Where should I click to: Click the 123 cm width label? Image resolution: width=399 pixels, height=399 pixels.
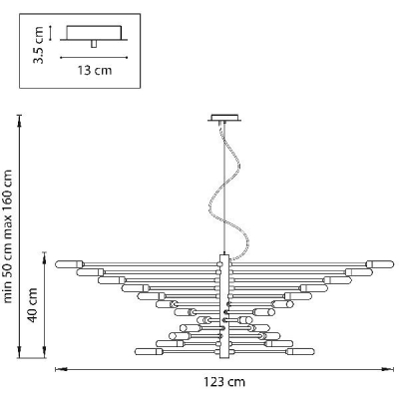pos(224,382)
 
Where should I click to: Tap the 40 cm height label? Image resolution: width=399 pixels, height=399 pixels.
pos(33,305)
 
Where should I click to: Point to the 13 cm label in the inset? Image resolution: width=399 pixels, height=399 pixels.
pos(95,71)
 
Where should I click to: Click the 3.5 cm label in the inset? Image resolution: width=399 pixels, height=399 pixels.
pos(38,45)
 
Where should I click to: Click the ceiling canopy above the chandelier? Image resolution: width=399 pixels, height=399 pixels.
pos(224,118)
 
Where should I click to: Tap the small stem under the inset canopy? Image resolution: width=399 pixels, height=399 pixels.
pos(94,44)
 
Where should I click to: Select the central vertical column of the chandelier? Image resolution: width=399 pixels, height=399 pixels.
pos(224,306)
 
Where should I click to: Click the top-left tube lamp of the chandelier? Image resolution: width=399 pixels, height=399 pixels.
pos(70,264)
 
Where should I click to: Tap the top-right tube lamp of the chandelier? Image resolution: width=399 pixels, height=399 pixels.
pos(380,264)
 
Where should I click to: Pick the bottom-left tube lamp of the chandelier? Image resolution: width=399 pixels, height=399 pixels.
pos(149,351)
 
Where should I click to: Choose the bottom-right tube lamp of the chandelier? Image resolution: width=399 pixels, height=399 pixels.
pos(300,351)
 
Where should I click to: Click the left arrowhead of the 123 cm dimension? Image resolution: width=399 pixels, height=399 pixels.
pos(61,369)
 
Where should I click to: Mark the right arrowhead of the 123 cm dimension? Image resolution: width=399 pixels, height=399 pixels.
pos(387,369)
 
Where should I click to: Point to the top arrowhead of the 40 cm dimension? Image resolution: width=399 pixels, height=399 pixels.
pos(44,257)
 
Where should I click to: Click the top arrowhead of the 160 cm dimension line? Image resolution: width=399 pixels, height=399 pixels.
pos(20,121)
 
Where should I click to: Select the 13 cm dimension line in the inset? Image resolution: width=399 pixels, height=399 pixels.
pos(94,58)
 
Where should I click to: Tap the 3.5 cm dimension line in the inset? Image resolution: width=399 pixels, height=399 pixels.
pos(50,33)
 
